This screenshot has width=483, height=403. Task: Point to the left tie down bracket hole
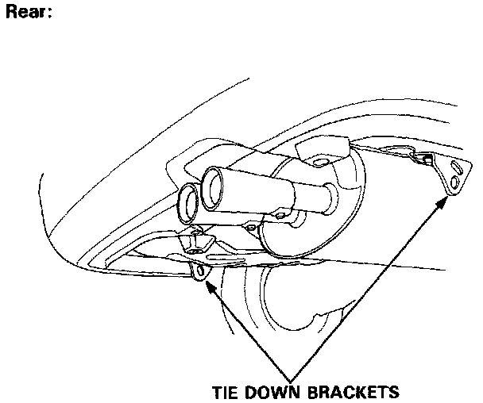[199, 272]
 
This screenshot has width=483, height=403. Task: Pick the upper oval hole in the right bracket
[457, 167]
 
